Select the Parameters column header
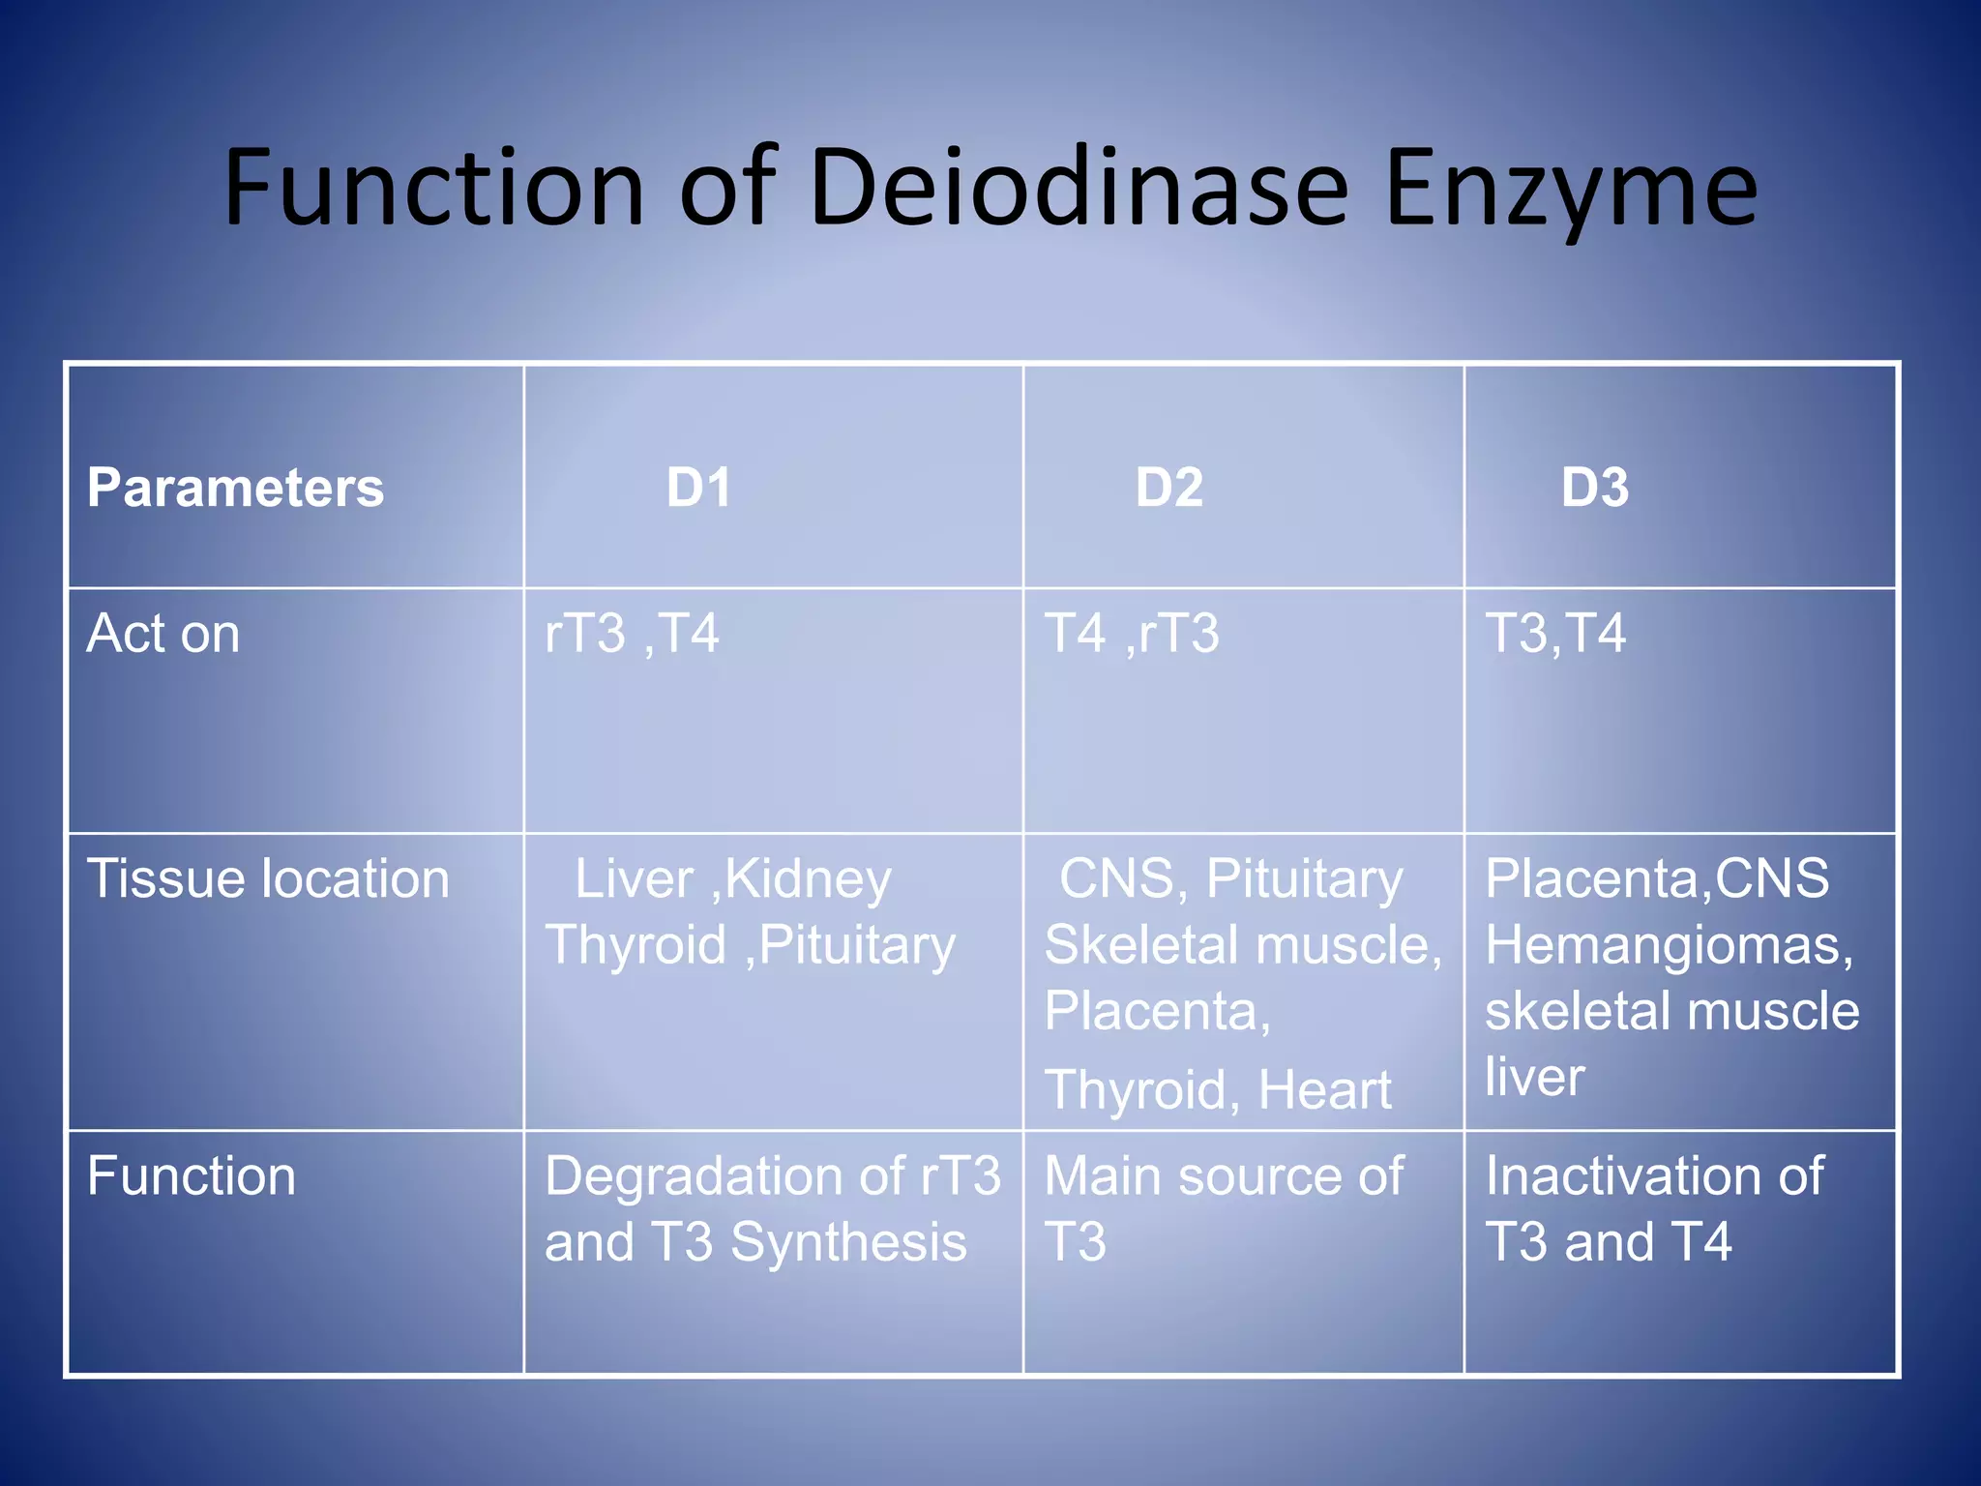235,487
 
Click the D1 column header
698,487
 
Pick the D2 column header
1169,487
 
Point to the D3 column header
1595,487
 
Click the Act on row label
163,634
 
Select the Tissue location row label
268,879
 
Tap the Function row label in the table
192,1176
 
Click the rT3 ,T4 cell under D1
632,634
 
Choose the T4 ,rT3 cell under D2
1132,634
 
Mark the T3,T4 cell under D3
1555,634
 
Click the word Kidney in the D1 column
808,880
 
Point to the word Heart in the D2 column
1324,1090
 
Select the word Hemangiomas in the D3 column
1669,945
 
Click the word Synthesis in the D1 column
848,1242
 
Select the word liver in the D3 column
1534,1077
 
